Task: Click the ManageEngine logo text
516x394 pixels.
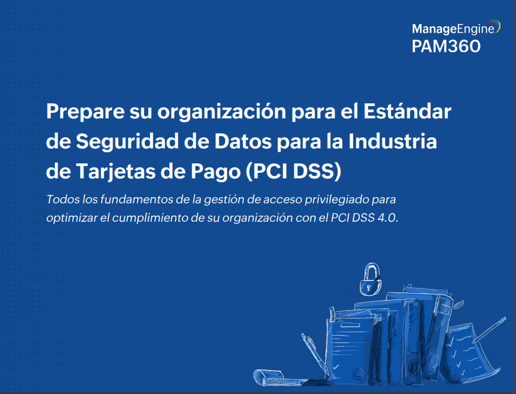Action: click(x=453, y=28)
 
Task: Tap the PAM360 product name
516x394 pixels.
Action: click(x=445, y=47)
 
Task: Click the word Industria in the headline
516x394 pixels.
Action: click(x=393, y=142)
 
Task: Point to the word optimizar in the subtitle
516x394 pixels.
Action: click(x=71, y=218)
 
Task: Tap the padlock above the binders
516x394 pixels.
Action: click(x=369, y=280)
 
